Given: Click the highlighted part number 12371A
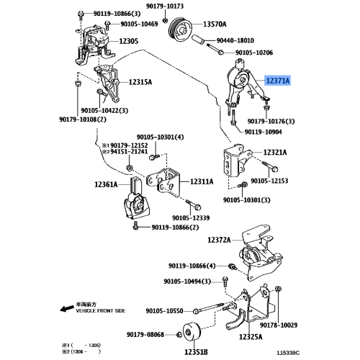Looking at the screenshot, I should pos(277,82).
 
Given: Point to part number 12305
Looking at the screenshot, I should pos(128,41).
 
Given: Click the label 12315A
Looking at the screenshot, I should pos(140,83).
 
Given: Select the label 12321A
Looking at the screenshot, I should pos(274,153).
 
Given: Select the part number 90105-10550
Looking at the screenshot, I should pos(164,312).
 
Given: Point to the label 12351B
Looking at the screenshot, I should pos(194,351).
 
